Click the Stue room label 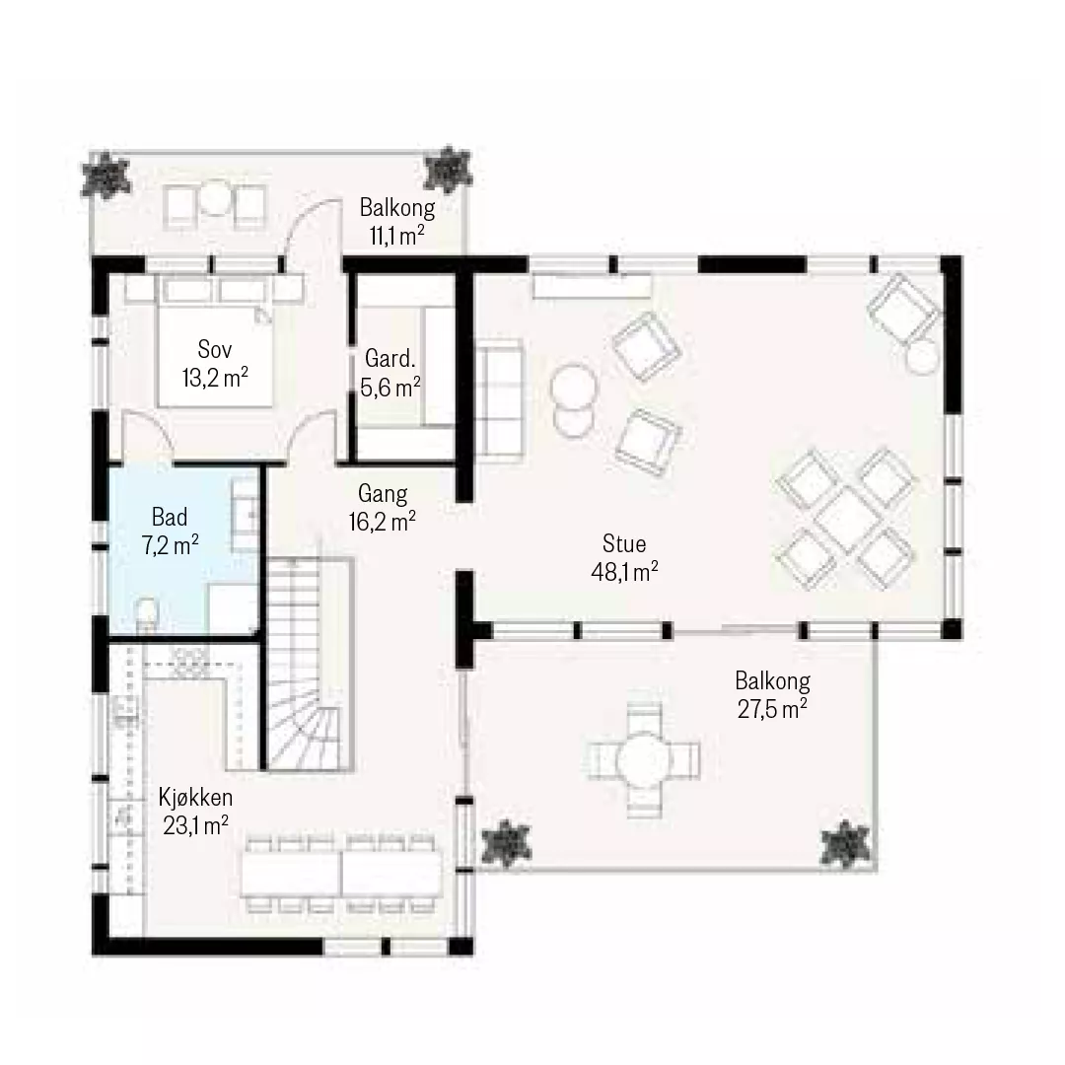(x=623, y=543)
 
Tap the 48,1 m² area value (x=624, y=572)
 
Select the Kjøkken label (x=195, y=796)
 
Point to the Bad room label (x=170, y=517)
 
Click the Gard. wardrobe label (x=390, y=358)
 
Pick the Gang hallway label (x=383, y=494)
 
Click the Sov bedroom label (x=215, y=349)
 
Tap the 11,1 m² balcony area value (x=396, y=236)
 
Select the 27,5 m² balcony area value (x=772, y=708)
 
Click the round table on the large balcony (x=643, y=758)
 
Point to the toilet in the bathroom (x=146, y=613)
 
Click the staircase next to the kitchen (x=310, y=665)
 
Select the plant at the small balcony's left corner (x=106, y=176)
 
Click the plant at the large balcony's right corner (x=845, y=844)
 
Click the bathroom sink (x=246, y=514)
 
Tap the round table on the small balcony (x=215, y=197)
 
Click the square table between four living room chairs (x=846, y=519)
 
